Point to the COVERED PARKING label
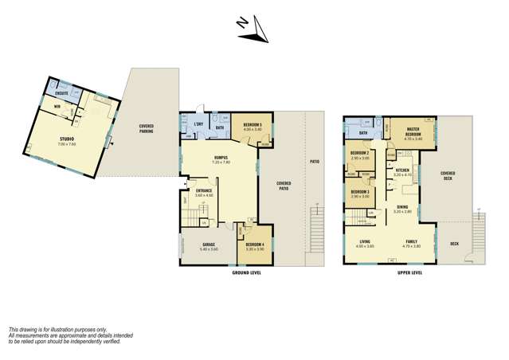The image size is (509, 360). pyautogui.click(x=147, y=127)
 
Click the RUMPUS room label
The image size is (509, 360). pyautogui.click(x=221, y=158)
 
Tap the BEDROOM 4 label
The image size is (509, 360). pyautogui.click(x=255, y=245)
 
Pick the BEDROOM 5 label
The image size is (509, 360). pyautogui.click(x=253, y=125)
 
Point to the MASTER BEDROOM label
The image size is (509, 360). pyautogui.click(x=413, y=131)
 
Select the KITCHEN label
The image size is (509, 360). pyautogui.click(x=402, y=170)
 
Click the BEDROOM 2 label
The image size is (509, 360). pyautogui.click(x=358, y=154)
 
